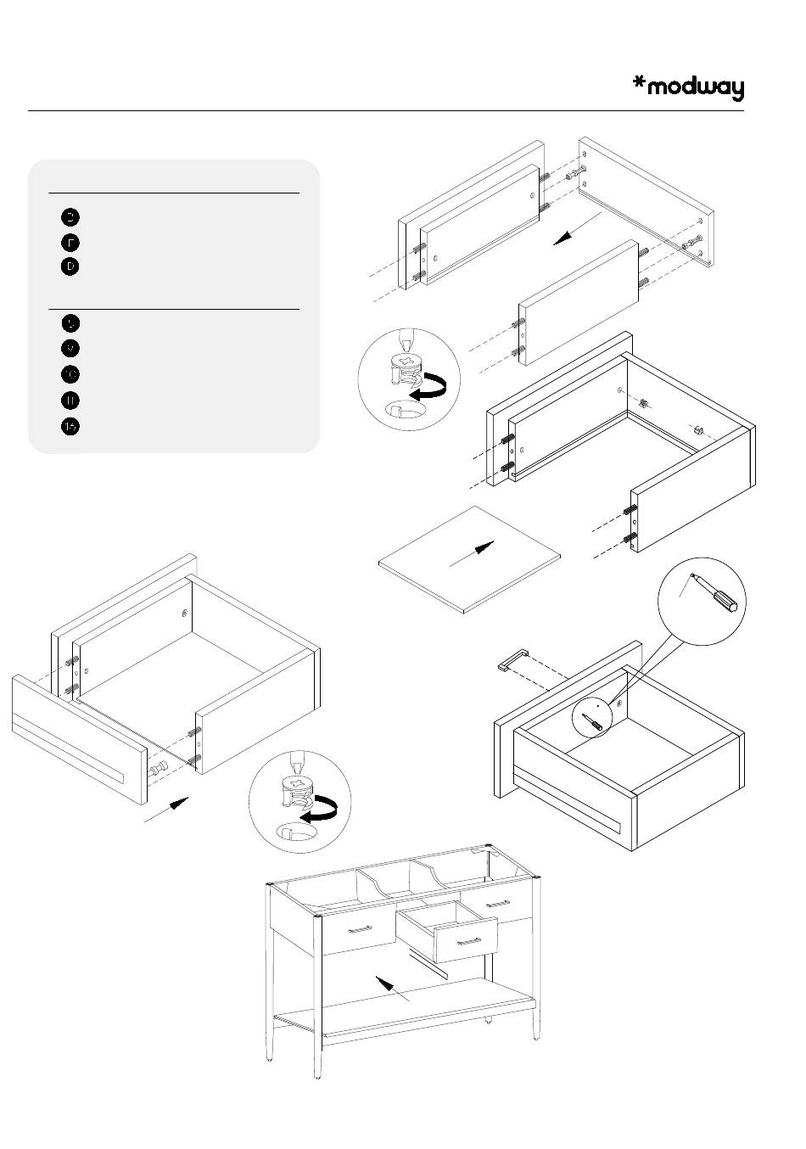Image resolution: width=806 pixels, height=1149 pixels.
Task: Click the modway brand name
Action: point(696,88)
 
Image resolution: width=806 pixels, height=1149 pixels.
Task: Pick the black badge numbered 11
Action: point(70,401)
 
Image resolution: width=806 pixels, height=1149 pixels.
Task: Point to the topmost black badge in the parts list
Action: point(70,216)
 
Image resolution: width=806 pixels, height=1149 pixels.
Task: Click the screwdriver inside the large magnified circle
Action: point(717,593)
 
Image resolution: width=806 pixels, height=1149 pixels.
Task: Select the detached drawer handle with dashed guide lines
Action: point(514,659)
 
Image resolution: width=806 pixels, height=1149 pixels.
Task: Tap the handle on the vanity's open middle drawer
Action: point(468,941)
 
